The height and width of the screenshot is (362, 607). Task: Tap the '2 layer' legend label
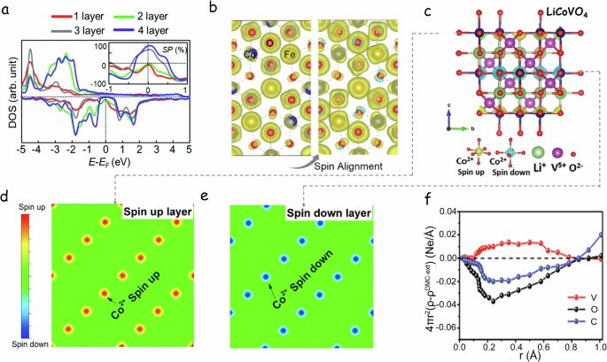pyautogui.click(x=144, y=18)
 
